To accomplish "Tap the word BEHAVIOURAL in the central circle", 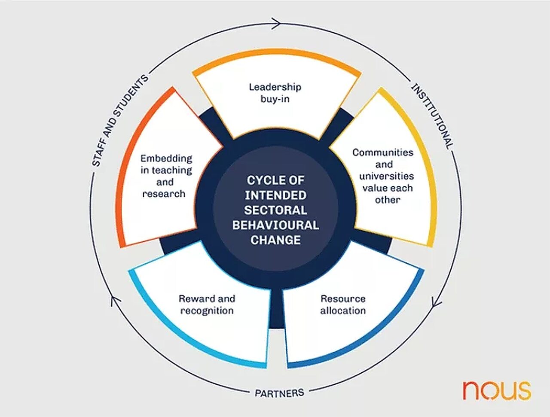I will click(x=275, y=225).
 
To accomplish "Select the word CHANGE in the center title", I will click(x=275, y=240).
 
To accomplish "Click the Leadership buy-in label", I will click(x=275, y=93).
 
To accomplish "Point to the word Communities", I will click(x=383, y=152).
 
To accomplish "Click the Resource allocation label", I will click(x=343, y=304).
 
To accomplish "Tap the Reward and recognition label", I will click(x=207, y=304).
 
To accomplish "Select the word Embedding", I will click(x=166, y=158).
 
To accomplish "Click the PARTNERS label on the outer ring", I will click(x=279, y=393).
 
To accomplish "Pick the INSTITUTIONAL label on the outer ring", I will click(x=432, y=116).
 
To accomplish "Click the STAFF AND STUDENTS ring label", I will click(x=120, y=120).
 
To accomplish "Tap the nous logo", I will click(x=496, y=390).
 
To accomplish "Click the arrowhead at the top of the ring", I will click(x=276, y=23).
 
